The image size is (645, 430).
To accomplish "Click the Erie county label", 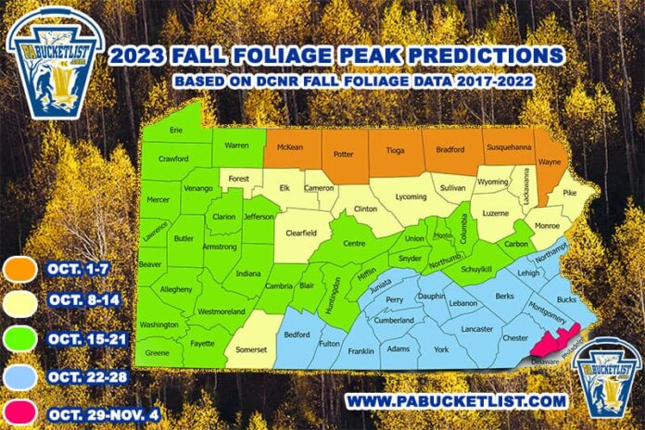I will pyautogui.click(x=176, y=131).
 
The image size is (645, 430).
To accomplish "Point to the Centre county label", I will pyautogui.click(x=357, y=244).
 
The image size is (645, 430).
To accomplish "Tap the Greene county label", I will pyautogui.click(x=158, y=353).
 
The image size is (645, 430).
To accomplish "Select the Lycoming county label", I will pyautogui.click(x=411, y=197).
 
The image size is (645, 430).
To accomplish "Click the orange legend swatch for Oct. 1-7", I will pyautogui.click(x=21, y=269).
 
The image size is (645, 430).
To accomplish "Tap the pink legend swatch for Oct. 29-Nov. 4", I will pyautogui.click(x=21, y=410).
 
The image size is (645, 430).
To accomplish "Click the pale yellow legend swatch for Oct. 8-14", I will pyautogui.click(x=21, y=304).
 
